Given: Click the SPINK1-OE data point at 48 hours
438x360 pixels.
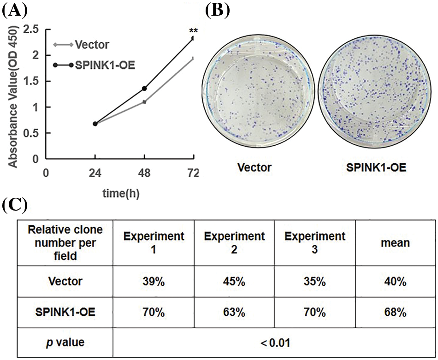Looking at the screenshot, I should (144, 88).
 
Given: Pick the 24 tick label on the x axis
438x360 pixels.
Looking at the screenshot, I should (95, 173).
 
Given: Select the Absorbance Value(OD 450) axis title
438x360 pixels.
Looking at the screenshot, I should (14, 96).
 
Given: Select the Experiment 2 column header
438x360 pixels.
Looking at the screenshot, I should (235, 242).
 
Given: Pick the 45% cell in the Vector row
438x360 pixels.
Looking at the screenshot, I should (235, 282).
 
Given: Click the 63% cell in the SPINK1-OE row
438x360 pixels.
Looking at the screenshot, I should (235, 313).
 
